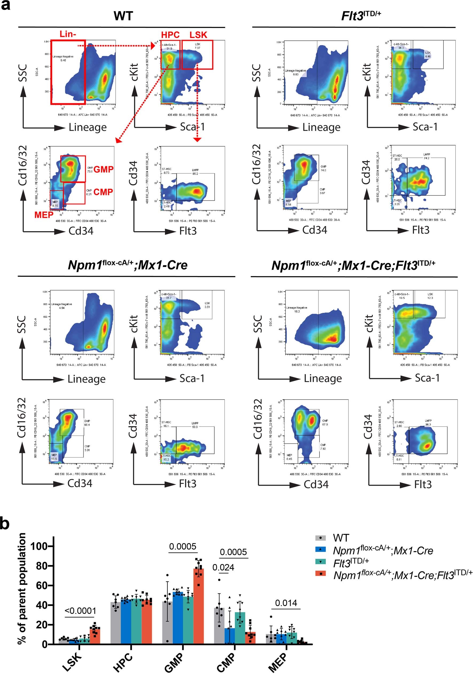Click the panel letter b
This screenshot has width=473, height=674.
point(5,523)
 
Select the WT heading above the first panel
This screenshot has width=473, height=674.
point(123,16)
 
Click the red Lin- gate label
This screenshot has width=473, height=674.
point(68,34)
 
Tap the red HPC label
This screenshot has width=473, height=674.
point(170,35)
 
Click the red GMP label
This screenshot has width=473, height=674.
point(103,170)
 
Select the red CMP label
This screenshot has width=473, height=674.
point(103,192)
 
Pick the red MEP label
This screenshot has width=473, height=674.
point(44,215)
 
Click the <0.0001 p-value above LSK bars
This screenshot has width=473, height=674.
point(80,611)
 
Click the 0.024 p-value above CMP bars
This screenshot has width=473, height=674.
point(223,567)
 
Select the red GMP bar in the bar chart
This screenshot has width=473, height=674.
point(199,608)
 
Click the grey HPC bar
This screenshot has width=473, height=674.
point(116,624)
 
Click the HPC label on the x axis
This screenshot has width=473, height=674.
point(123,662)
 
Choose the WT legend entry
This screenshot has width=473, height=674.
point(341,538)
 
